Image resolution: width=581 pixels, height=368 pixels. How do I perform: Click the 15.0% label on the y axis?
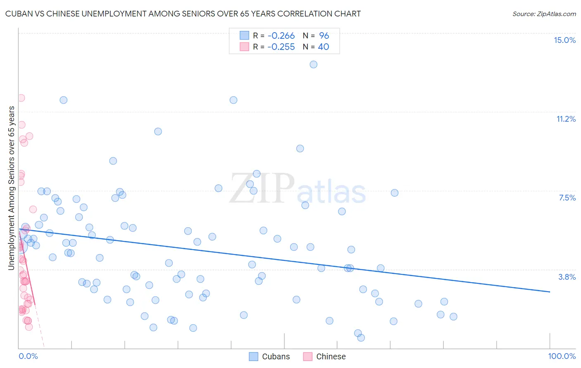pyautogui.click(x=564, y=40)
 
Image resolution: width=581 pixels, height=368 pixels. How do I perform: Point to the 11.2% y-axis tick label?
pyautogui.click(x=566, y=119)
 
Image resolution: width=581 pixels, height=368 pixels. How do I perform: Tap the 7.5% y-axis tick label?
pyautogui.click(x=567, y=198)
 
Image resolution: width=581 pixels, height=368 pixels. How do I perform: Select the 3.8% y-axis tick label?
pyautogui.click(x=567, y=277)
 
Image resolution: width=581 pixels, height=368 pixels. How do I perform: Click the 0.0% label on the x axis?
pyautogui.click(x=28, y=356)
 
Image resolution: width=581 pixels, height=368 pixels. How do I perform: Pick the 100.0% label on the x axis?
pyautogui.click(x=562, y=356)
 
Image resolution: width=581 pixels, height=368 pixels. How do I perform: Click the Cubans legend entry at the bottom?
pyautogui.click(x=269, y=356)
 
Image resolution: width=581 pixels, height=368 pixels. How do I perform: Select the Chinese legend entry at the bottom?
pyautogui.click(x=324, y=356)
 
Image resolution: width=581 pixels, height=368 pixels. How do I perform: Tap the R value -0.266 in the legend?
pyautogui.click(x=281, y=36)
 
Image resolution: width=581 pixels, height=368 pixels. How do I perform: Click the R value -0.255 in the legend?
pyautogui.click(x=281, y=47)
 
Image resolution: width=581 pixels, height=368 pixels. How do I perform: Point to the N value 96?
pyautogui.click(x=324, y=36)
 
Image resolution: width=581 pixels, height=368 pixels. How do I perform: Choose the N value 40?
pyautogui.click(x=323, y=47)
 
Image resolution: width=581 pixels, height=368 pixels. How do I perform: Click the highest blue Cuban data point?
pyautogui.click(x=314, y=64)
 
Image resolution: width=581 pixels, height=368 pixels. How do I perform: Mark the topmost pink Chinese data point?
pyautogui.click(x=21, y=98)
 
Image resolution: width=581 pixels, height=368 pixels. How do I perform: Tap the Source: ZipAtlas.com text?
pyautogui.click(x=544, y=14)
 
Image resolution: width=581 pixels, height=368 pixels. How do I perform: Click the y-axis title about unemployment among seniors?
pyautogui.click(x=11, y=188)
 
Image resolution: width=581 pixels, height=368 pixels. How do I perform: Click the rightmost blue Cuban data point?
pyautogui.click(x=453, y=316)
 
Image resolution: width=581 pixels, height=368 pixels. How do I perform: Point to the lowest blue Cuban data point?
pyautogui.click(x=361, y=337)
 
